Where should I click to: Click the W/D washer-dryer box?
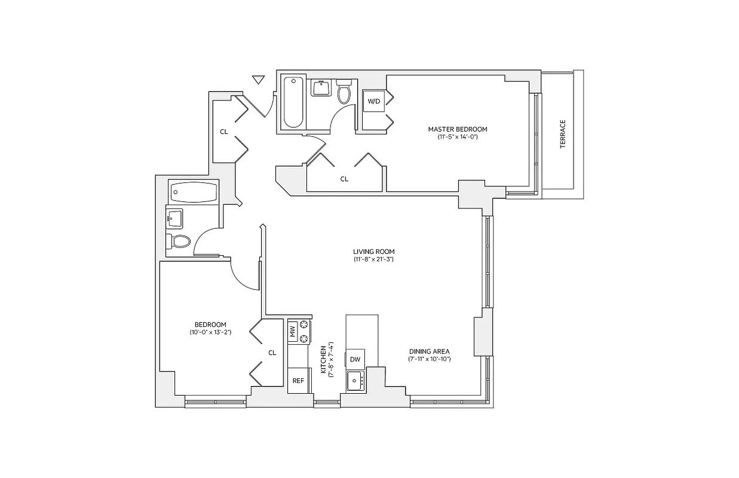click(374, 102)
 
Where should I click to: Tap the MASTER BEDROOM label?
click(457, 129)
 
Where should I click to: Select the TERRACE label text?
click(563, 134)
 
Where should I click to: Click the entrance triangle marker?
click(258, 79)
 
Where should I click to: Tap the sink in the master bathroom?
click(321, 88)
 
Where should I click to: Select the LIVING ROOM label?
click(373, 252)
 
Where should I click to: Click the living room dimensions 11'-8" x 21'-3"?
click(373, 260)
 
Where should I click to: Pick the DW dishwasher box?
click(355, 358)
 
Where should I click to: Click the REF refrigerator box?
click(298, 381)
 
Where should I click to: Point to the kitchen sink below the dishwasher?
click(355, 380)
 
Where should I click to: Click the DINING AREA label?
click(429, 351)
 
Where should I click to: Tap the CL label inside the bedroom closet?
click(272, 353)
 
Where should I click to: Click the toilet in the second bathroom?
click(179, 242)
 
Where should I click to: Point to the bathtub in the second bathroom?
click(193, 192)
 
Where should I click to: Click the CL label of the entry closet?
click(224, 131)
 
